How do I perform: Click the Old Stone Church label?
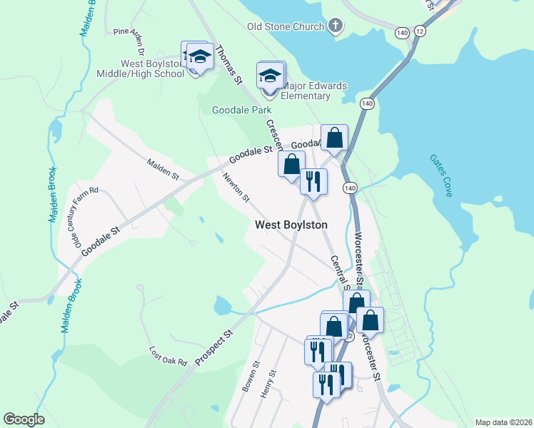click(x=286, y=27)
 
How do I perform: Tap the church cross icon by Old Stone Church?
click(x=336, y=27)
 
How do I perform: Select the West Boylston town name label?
click(x=291, y=225)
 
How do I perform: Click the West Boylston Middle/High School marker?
click(x=199, y=57)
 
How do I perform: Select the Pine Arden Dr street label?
click(x=129, y=42)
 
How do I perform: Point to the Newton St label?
click(x=236, y=188)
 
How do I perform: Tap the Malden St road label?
click(x=163, y=169)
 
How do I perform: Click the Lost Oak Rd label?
click(x=167, y=355)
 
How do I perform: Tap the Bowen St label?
click(x=248, y=379)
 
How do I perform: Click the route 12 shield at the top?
click(x=419, y=32)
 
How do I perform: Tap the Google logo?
click(x=24, y=419)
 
